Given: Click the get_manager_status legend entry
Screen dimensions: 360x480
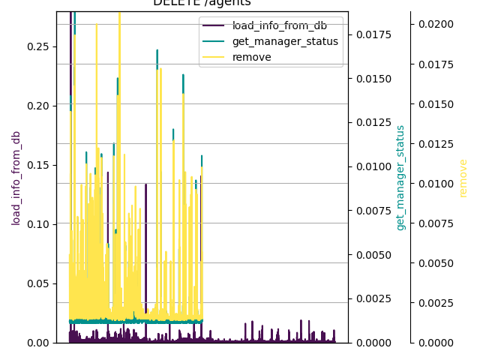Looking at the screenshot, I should [285, 41].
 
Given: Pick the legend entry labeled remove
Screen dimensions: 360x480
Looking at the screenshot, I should [252, 57].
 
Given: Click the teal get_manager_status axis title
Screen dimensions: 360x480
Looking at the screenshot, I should [400, 178].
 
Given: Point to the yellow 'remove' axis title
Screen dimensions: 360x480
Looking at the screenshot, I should [463, 178].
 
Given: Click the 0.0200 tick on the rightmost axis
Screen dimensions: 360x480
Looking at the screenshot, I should [434, 25].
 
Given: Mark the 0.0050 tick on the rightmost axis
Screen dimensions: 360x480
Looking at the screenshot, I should [434, 263].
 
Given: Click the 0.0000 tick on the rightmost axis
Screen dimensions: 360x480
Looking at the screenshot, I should [434, 343].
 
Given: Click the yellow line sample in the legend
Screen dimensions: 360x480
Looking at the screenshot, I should [215, 57].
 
